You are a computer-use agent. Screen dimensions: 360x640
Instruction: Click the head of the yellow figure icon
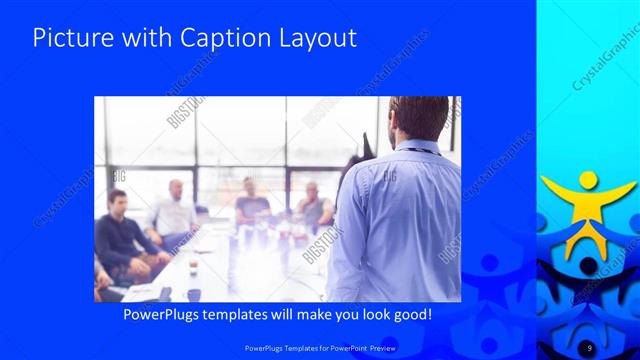[x=588, y=180]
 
